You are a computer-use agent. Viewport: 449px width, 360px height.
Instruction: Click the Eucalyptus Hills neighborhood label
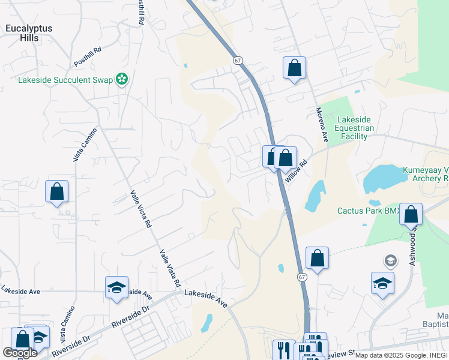coord(29,33)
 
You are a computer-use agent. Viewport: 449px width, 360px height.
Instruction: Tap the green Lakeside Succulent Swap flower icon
coord(122,79)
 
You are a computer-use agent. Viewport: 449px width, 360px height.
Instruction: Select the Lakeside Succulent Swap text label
coord(65,80)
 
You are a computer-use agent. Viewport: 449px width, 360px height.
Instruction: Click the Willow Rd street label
coord(297,171)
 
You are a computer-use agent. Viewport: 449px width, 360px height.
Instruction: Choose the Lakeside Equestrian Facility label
coord(355,128)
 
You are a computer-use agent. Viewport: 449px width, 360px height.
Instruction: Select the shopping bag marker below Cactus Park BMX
coord(411,214)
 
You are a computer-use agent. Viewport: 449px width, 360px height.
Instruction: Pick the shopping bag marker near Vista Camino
coord(56,193)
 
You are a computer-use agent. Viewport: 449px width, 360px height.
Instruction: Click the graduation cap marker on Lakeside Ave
coord(116,287)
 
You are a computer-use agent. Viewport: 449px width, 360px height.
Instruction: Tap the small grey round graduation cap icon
coord(390,261)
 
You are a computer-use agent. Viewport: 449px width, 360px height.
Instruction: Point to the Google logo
coord(19,353)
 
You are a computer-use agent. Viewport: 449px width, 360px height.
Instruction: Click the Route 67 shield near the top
coord(238,61)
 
